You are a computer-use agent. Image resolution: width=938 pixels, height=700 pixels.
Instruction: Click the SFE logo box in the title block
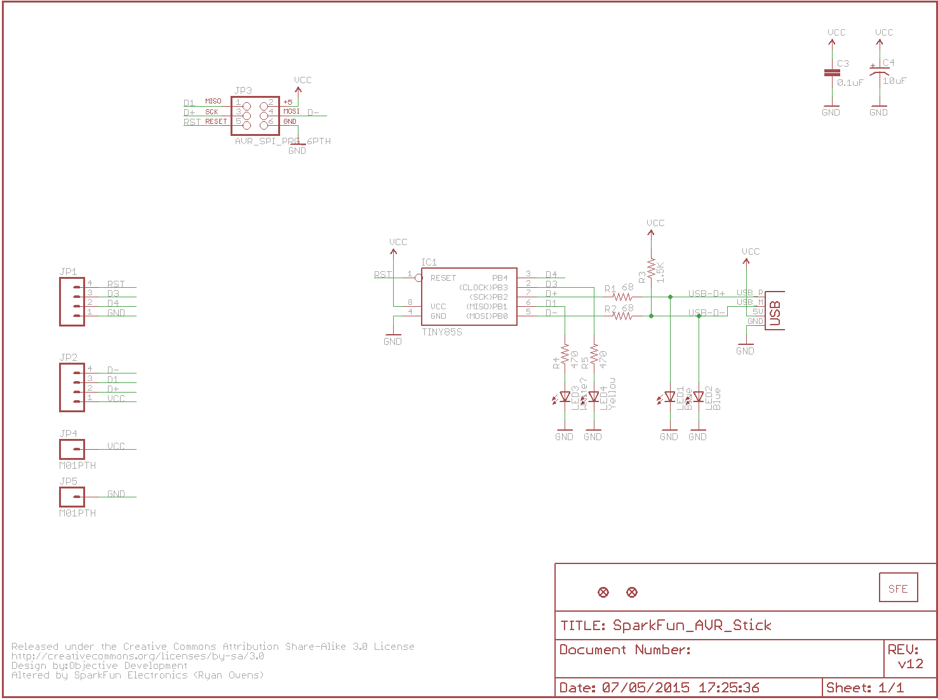click(898, 589)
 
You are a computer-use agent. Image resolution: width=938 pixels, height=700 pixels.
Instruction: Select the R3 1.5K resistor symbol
click(651, 270)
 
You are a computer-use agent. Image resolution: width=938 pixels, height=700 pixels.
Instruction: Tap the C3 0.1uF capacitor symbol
click(832, 73)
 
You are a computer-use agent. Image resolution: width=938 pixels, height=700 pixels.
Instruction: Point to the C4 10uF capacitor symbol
click(880, 73)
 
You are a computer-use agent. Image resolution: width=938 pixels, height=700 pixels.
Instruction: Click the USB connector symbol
click(774, 311)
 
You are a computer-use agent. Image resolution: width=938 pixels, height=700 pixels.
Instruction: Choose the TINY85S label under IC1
click(442, 332)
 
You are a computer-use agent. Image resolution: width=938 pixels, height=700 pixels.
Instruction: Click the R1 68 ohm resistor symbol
click(622, 297)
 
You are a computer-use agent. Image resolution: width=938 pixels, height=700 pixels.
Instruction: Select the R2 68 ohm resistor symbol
click(622, 316)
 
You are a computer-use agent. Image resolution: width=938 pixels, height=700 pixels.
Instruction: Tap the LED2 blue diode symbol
click(699, 397)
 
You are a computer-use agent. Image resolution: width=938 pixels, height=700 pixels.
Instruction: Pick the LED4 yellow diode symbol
click(594, 397)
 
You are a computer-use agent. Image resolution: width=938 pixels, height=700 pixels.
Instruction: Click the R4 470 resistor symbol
click(565, 356)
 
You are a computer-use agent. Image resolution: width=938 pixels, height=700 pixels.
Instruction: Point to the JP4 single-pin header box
click(72, 449)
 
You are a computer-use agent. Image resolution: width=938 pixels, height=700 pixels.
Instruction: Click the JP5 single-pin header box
click(72, 497)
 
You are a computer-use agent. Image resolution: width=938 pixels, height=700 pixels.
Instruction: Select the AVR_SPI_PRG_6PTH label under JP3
click(283, 141)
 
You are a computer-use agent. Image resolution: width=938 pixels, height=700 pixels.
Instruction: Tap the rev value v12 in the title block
click(910, 664)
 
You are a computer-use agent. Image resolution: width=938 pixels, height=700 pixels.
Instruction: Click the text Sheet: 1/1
click(864, 688)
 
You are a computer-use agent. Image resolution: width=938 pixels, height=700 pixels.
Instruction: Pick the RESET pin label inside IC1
click(443, 278)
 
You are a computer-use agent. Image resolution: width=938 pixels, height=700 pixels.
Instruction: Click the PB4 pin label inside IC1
click(500, 278)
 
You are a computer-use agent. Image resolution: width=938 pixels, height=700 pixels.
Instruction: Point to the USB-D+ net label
click(706, 293)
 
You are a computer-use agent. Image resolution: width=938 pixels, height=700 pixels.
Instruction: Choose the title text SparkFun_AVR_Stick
click(692, 626)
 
